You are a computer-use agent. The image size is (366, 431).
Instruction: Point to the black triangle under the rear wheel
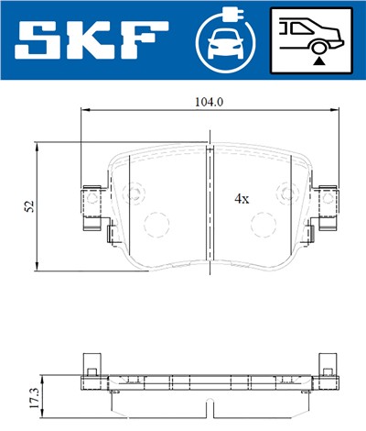(x=318, y=59)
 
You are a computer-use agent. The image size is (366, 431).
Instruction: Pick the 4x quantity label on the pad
(x=242, y=197)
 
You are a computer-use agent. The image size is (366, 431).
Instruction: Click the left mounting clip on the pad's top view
(x=91, y=208)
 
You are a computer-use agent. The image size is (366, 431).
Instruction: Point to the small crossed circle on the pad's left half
(x=135, y=193)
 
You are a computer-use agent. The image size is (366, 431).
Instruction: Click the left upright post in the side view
(x=90, y=365)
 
